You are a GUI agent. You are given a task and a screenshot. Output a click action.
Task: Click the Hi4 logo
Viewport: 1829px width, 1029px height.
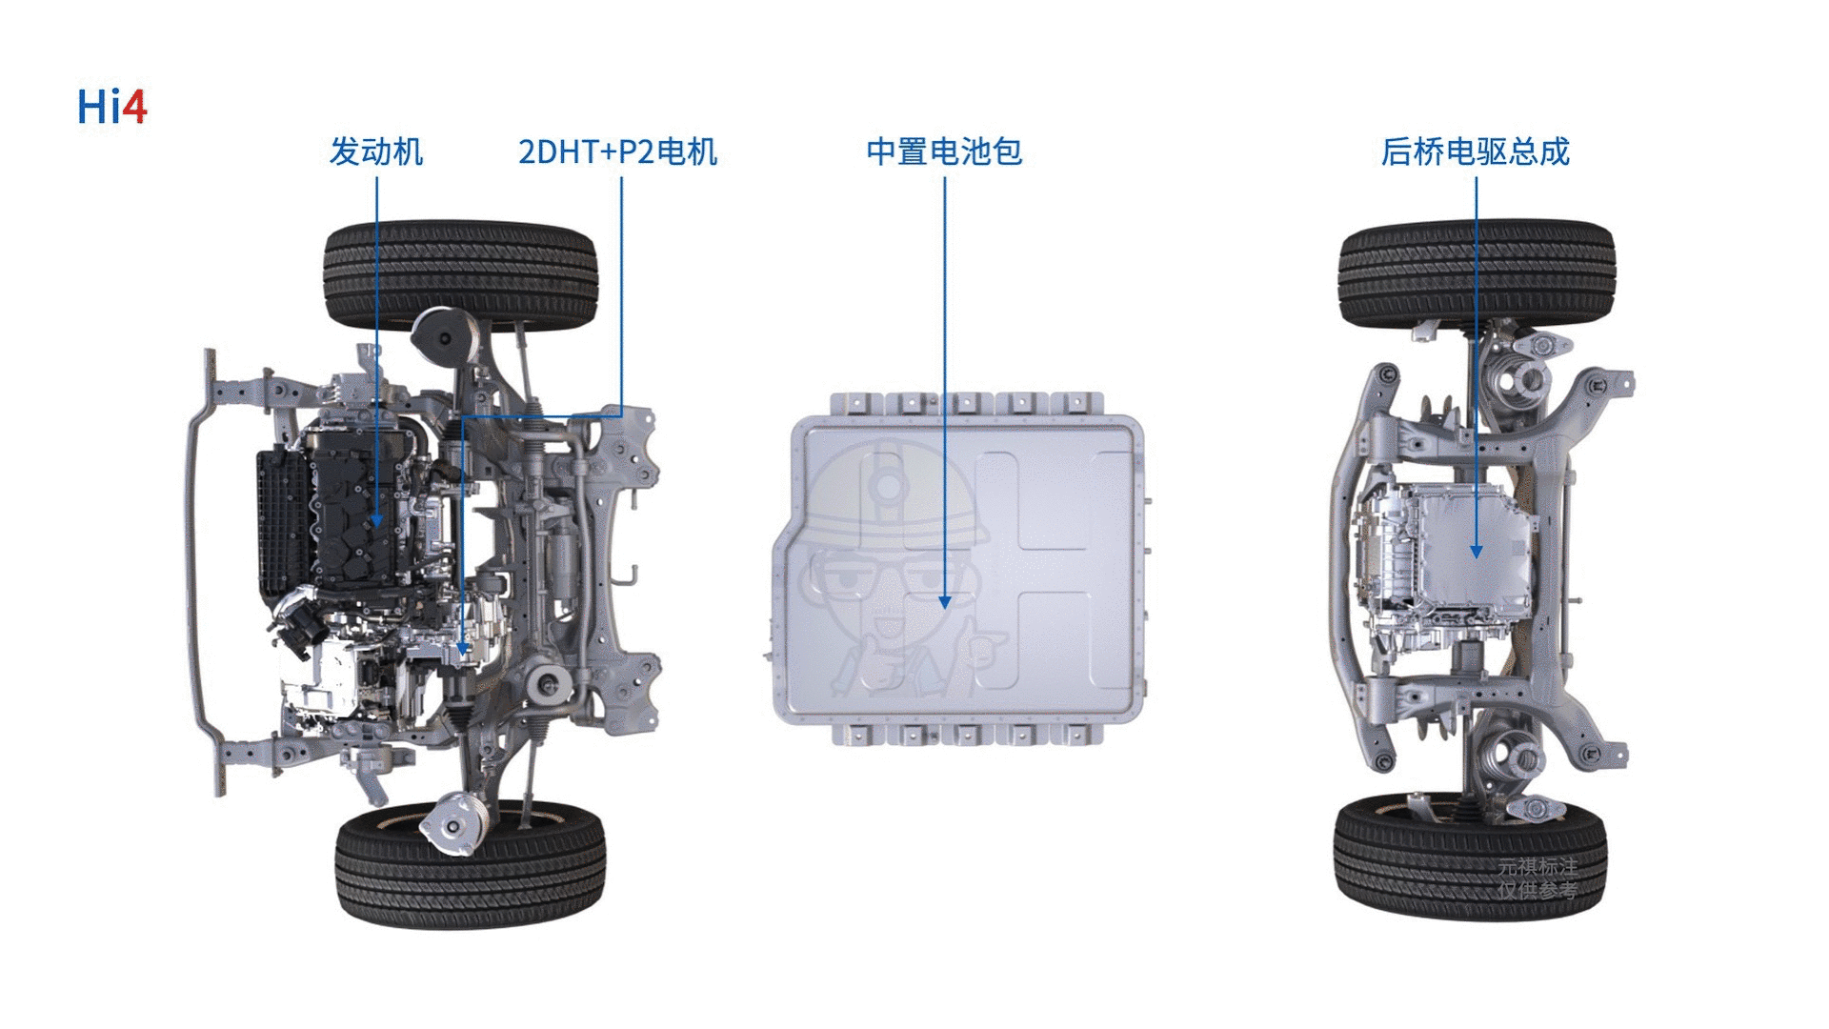pyautogui.click(x=111, y=106)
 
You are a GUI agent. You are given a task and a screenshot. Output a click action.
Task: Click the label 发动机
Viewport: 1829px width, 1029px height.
pyautogui.click(x=376, y=151)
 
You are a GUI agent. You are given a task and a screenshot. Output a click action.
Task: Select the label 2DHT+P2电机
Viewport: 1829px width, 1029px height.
pyautogui.click(x=617, y=151)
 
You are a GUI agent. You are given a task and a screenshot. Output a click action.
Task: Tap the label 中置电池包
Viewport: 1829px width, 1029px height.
pyautogui.click(x=944, y=151)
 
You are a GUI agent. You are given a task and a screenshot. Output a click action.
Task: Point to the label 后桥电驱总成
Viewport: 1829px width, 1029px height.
pyautogui.click(x=1476, y=151)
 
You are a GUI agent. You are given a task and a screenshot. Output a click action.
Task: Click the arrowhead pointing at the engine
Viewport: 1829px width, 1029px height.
pyautogui.click(x=376, y=520)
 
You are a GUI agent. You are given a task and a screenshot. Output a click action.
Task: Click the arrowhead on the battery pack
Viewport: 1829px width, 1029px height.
pyautogui.click(x=945, y=602)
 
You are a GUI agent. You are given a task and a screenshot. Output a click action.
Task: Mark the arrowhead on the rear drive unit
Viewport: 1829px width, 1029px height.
pyautogui.click(x=1476, y=552)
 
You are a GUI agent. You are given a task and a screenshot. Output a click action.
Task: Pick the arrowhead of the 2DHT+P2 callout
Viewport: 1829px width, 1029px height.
pyautogui.click(x=462, y=647)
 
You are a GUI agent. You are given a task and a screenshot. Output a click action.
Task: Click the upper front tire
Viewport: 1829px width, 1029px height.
pyautogui.click(x=461, y=276)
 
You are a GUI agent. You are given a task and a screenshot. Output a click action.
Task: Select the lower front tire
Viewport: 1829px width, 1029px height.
pyautogui.click(x=470, y=865)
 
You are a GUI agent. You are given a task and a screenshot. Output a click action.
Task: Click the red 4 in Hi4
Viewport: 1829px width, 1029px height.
pyautogui.click(x=135, y=107)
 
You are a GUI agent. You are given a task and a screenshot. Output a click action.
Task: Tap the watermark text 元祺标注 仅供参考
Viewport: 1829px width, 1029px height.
pyautogui.click(x=1538, y=878)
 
